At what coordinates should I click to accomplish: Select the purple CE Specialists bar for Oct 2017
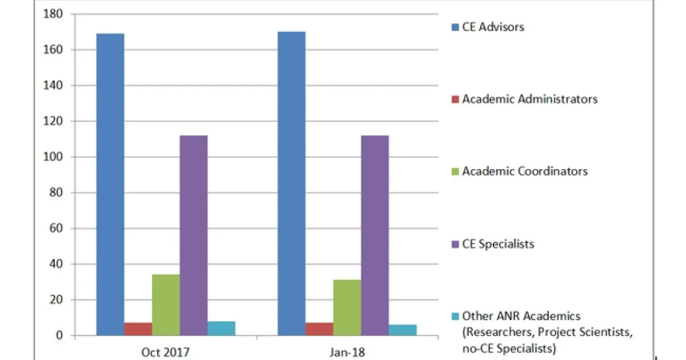(193, 235)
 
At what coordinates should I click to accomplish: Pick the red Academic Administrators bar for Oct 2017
(138, 329)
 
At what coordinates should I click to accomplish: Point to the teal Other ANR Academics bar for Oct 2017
(221, 328)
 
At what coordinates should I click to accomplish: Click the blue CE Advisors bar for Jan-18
(292, 183)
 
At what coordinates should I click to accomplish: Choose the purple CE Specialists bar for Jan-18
(374, 235)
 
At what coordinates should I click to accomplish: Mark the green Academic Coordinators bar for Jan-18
(347, 307)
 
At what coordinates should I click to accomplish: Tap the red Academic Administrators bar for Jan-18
(319, 329)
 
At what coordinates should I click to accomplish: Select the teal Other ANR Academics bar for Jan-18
(402, 330)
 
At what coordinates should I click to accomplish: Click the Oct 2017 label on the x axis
(166, 351)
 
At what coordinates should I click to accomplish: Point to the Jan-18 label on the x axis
(347, 351)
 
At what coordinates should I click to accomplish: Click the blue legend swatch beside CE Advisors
(455, 27)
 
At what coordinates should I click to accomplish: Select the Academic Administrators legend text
(530, 99)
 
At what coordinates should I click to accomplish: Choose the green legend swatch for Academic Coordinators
(455, 171)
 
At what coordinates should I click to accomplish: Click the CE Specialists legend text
(498, 244)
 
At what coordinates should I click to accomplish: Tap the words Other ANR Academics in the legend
(521, 316)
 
